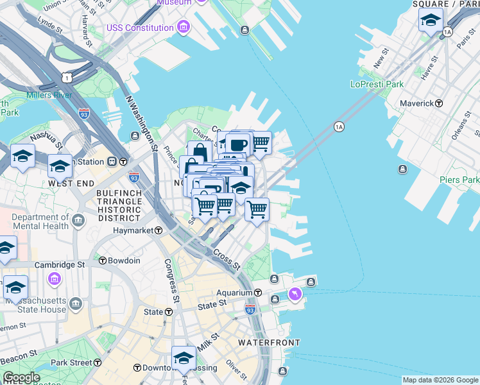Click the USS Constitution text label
point(141,28)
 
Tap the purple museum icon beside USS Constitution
point(184,28)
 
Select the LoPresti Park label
point(377,84)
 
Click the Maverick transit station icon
point(439,103)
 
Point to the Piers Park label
point(459,180)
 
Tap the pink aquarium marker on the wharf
point(295,294)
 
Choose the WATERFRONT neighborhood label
point(268,343)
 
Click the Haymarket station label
point(134,230)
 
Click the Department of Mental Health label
point(40,221)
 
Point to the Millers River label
point(48,96)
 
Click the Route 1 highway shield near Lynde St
point(66,77)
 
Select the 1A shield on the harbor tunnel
point(339,127)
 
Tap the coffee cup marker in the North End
point(237,144)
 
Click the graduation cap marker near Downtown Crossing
point(184,358)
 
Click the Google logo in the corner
point(21,377)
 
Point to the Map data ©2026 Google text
point(440,380)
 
